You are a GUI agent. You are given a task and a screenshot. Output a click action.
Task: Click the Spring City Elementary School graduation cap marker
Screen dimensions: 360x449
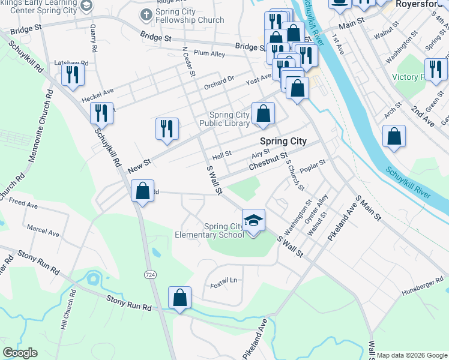pos(253,220)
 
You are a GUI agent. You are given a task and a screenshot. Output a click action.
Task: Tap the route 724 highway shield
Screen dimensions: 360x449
pos(149,274)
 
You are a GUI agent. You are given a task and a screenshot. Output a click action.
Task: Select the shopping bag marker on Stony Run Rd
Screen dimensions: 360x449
pos(179,298)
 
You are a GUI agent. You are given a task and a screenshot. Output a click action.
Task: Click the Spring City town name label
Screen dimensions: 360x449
pos(283,142)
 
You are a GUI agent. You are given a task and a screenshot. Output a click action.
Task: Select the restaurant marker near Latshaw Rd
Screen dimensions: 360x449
pos(73,75)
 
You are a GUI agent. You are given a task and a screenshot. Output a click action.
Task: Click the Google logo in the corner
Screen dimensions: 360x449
pos(20,352)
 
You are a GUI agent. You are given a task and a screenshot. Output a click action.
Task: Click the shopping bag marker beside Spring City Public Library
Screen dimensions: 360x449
pos(263,113)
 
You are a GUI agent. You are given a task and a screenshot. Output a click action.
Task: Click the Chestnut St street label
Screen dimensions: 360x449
pos(268,160)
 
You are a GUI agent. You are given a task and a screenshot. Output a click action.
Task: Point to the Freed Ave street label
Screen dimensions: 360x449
pos(23,204)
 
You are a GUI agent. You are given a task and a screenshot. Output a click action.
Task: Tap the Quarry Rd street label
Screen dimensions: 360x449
pos(93,37)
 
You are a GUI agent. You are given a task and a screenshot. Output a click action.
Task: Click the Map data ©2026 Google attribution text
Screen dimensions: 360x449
pos(411,355)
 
